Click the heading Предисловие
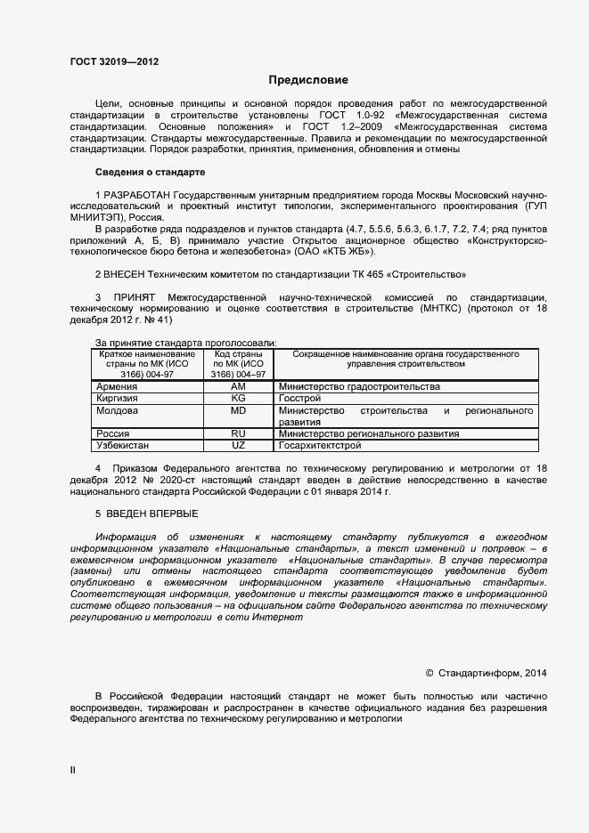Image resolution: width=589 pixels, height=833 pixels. pyautogui.click(x=309, y=80)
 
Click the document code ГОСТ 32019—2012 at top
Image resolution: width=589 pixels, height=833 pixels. pyautogui.click(x=115, y=62)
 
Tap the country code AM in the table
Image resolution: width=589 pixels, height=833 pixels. pyautogui.click(x=238, y=387)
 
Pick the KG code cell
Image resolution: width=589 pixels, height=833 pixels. pyautogui.click(x=238, y=399)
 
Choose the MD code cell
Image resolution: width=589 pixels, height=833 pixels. pyautogui.click(x=238, y=411)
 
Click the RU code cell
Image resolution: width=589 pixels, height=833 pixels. pyautogui.click(x=238, y=433)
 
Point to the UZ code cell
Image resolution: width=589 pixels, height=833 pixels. pyautogui.click(x=238, y=444)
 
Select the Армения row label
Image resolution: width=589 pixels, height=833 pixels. pyautogui.click(x=117, y=387)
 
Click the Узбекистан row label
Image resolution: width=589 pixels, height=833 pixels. pyautogui.click(x=124, y=444)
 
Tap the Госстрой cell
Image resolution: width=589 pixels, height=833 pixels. pyautogui.click(x=299, y=399)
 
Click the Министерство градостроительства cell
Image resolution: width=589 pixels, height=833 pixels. pyautogui.click(x=359, y=387)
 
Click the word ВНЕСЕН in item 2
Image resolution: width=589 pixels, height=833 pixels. pyautogui.click(x=128, y=274)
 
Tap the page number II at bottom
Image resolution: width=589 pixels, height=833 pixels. pyautogui.click(x=73, y=770)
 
